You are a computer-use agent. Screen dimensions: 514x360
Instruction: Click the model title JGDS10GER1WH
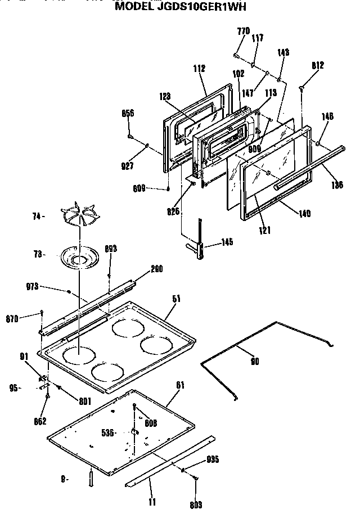pos(180,7)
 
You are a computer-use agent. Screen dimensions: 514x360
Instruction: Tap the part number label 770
pos(243,31)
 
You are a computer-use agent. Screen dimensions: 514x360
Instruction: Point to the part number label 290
pos(156,269)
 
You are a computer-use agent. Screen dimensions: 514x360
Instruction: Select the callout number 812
pos(317,65)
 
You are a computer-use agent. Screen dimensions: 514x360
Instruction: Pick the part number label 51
pos(176,300)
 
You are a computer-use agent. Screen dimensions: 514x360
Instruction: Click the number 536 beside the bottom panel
pos(108,432)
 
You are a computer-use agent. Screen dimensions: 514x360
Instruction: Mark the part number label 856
pos(128,113)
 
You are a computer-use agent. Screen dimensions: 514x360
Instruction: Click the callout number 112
pos(199,69)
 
